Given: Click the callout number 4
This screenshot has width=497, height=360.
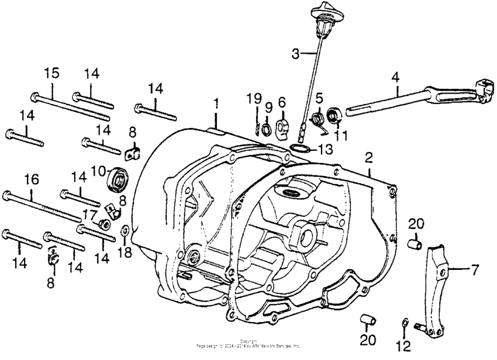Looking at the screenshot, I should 396,77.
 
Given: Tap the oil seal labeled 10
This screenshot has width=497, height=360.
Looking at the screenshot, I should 118,178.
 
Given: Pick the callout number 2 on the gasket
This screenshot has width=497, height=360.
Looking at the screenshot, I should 368,157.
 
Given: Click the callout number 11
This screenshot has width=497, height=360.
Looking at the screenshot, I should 340,135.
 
